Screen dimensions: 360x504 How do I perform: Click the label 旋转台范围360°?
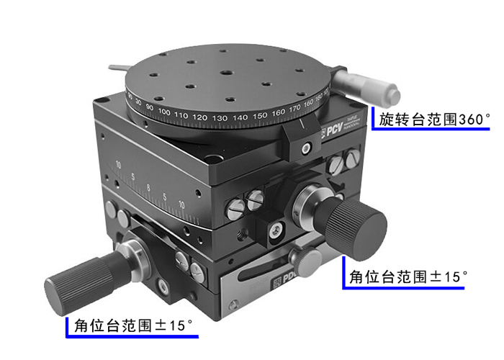[x=435, y=120]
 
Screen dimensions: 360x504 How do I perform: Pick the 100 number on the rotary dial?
[x=164, y=113]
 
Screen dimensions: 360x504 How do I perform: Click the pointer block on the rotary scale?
[x=299, y=132]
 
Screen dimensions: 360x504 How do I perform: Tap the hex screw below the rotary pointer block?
[x=306, y=148]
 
